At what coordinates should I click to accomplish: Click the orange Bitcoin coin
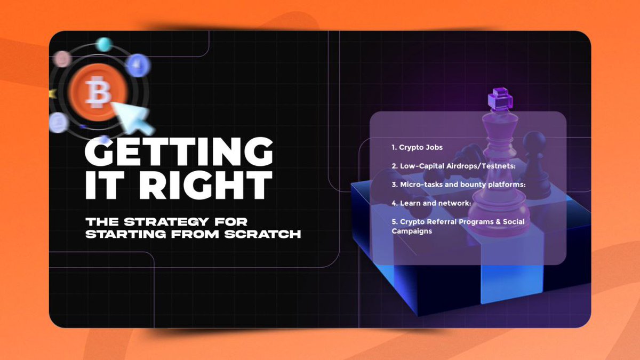pyautogui.click(x=100, y=92)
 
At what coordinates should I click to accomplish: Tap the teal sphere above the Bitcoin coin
pyautogui.click(x=103, y=45)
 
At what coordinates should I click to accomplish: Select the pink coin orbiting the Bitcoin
pyautogui.click(x=62, y=59)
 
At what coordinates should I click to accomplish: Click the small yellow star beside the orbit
pyautogui.click(x=52, y=94)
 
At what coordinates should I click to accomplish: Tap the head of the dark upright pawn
pyautogui.click(x=532, y=140)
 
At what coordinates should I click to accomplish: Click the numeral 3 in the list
pyautogui.click(x=394, y=185)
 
